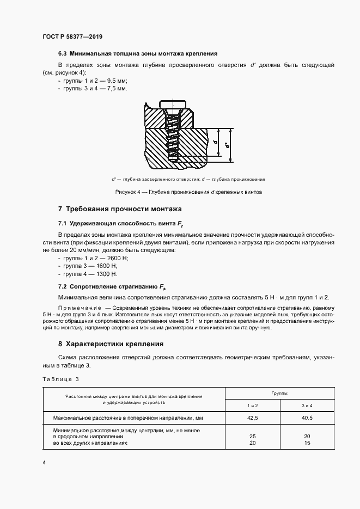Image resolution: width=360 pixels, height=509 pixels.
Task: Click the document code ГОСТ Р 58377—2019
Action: click(x=72, y=36)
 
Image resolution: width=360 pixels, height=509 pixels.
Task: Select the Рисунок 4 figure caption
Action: click(x=189, y=192)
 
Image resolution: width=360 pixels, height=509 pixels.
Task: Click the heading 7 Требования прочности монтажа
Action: click(x=120, y=209)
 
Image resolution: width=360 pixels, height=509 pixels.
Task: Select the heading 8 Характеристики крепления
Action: click(x=111, y=344)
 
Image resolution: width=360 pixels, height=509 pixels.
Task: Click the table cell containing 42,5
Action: click(x=252, y=418)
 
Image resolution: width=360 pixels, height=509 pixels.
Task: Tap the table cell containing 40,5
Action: click(x=307, y=418)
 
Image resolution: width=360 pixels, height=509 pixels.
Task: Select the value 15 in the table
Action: click(x=307, y=443)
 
